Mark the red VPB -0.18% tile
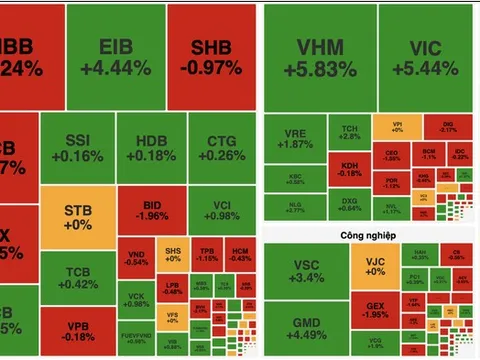click(77, 333)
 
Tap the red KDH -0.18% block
click(350, 167)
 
